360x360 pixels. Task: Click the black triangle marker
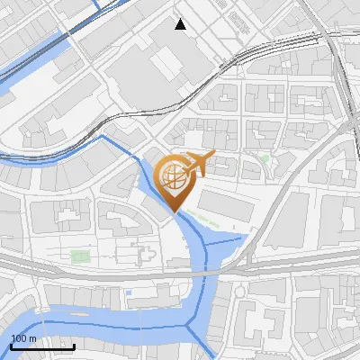tap(181, 24)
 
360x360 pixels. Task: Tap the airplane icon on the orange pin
tap(197, 165)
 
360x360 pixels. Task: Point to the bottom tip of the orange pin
tap(174, 212)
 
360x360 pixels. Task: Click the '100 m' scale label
tap(24, 338)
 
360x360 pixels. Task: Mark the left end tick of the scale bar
tap(11, 346)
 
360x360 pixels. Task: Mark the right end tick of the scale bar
tap(74, 346)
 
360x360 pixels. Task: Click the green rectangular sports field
tap(82, 257)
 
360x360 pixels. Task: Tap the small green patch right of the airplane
tap(265, 159)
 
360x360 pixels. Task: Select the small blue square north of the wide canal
tap(130, 292)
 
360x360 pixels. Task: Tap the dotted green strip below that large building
tap(216, 221)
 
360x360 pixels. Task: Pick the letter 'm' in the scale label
tap(33, 338)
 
